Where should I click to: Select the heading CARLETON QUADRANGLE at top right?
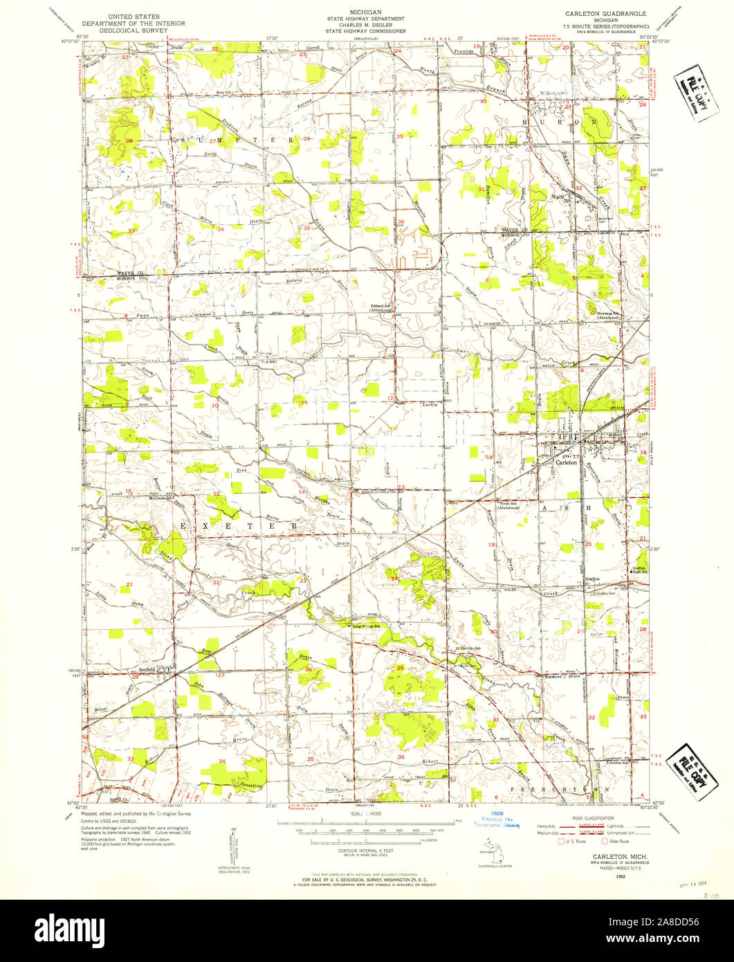[605, 13]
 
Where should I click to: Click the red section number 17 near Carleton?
[575, 457]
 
